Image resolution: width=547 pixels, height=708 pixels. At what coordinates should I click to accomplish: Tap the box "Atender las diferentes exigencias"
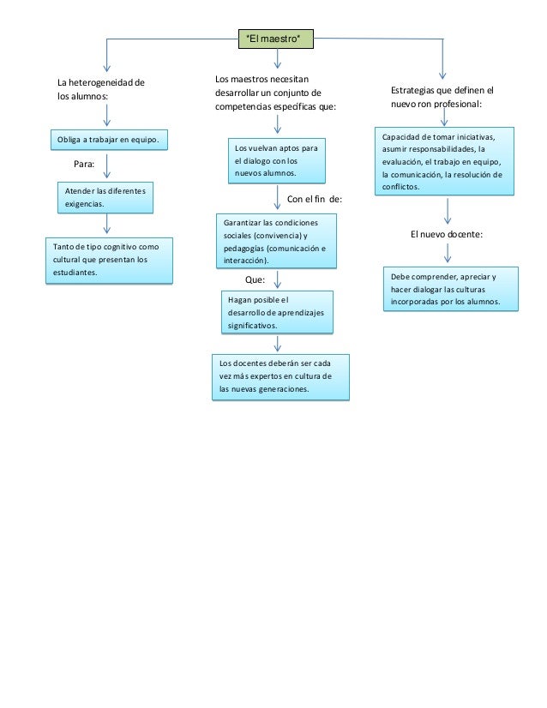pos(104,197)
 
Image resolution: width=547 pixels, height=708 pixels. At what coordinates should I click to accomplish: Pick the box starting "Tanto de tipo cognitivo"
pos(108,260)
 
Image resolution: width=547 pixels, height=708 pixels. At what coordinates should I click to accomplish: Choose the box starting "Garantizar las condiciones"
pos(276,241)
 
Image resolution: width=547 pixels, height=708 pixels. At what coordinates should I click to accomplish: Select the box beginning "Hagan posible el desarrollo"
pos(276,313)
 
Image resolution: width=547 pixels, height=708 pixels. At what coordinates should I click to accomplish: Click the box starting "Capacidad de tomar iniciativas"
pos(448,161)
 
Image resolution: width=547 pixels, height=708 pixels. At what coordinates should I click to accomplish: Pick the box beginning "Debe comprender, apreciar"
pos(450,290)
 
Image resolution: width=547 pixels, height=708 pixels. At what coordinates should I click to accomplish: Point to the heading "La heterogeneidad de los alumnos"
pos(100,90)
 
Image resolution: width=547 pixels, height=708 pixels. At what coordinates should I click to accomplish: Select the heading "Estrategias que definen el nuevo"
pos(442,96)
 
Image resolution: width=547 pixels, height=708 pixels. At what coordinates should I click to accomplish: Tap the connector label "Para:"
pos(83,161)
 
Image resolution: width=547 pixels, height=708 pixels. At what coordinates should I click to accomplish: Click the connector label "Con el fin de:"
pos(314,200)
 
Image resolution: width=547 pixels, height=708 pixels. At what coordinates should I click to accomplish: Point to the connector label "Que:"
pos(255,279)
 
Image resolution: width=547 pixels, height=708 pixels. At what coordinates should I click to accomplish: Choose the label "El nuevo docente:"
pos(447,234)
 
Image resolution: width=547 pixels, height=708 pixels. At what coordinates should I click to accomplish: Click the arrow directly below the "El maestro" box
pos(276,59)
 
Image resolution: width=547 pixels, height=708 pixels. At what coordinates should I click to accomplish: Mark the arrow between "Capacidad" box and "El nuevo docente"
pos(448,211)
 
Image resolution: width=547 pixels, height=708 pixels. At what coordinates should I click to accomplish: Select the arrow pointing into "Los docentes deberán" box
pos(277,344)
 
